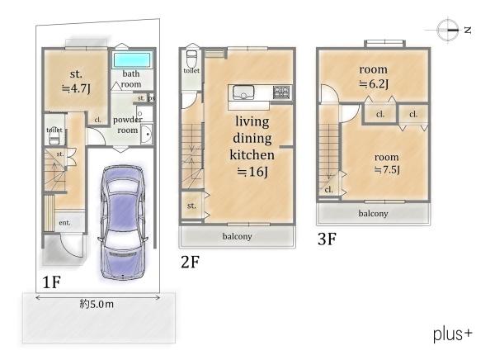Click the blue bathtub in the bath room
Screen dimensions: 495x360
tap(132, 59)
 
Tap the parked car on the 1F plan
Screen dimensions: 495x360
tap(123, 222)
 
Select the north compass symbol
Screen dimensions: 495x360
tap(448, 30)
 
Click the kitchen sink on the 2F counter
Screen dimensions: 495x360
tap(243, 92)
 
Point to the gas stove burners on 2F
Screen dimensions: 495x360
tap(281, 92)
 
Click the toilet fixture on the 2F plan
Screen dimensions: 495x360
tap(191, 59)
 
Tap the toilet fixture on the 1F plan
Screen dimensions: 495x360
tap(54, 136)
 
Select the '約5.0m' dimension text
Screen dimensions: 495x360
tap(97, 305)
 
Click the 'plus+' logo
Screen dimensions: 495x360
tap(452, 334)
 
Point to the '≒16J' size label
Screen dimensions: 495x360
tap(252, 172)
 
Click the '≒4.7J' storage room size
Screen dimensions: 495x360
tap(76, 88)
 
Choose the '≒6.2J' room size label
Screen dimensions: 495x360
tap(374, 83)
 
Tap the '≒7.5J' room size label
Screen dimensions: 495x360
tap(387, 170)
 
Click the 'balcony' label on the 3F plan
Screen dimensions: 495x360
tap(373, 214)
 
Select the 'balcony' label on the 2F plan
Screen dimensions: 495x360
tap(237, 236)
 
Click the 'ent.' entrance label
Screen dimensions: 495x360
tap(64, 222)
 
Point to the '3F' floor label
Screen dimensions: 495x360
tap(327, 239)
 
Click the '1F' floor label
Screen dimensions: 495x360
tap(51, 282)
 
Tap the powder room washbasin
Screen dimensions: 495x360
tap(147, 134)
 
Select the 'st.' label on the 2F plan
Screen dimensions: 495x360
tap(191, 206)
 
